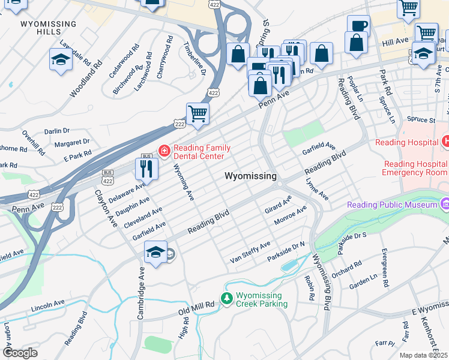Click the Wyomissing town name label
pos(251,176)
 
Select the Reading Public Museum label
pos(393,205)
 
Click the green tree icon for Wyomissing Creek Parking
pos(227,298)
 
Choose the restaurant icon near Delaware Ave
pos(146,168)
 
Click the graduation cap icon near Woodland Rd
pos(61,60)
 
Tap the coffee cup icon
pos(358,26)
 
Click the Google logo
pos(20,353)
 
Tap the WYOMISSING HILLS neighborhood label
pos(49,28)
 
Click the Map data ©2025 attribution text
pos(424,355)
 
